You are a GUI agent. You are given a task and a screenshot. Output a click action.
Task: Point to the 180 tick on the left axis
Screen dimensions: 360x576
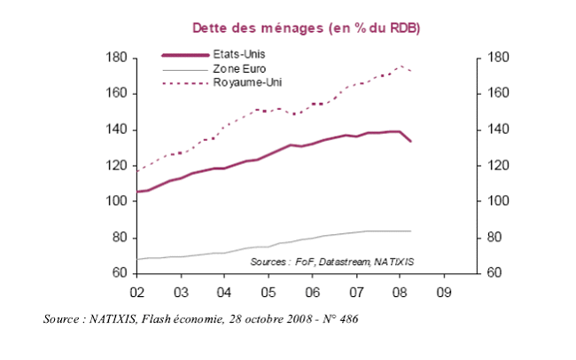[119, 59]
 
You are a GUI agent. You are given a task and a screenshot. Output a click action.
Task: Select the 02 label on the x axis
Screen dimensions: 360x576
[137, 291]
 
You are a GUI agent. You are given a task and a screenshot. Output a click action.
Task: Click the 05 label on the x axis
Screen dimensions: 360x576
[268, 291]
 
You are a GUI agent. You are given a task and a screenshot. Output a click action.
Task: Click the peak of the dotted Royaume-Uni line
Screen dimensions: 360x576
[401, 66]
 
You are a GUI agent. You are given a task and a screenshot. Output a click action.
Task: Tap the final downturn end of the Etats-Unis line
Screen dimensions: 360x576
[410, 141]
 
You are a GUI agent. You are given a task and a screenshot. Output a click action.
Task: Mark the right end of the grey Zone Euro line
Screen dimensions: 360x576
[410, 231]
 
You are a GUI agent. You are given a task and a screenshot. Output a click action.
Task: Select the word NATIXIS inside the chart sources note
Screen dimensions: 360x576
[395, 262]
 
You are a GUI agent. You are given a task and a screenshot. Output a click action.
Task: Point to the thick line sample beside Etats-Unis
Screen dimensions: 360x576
[183, 54]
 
